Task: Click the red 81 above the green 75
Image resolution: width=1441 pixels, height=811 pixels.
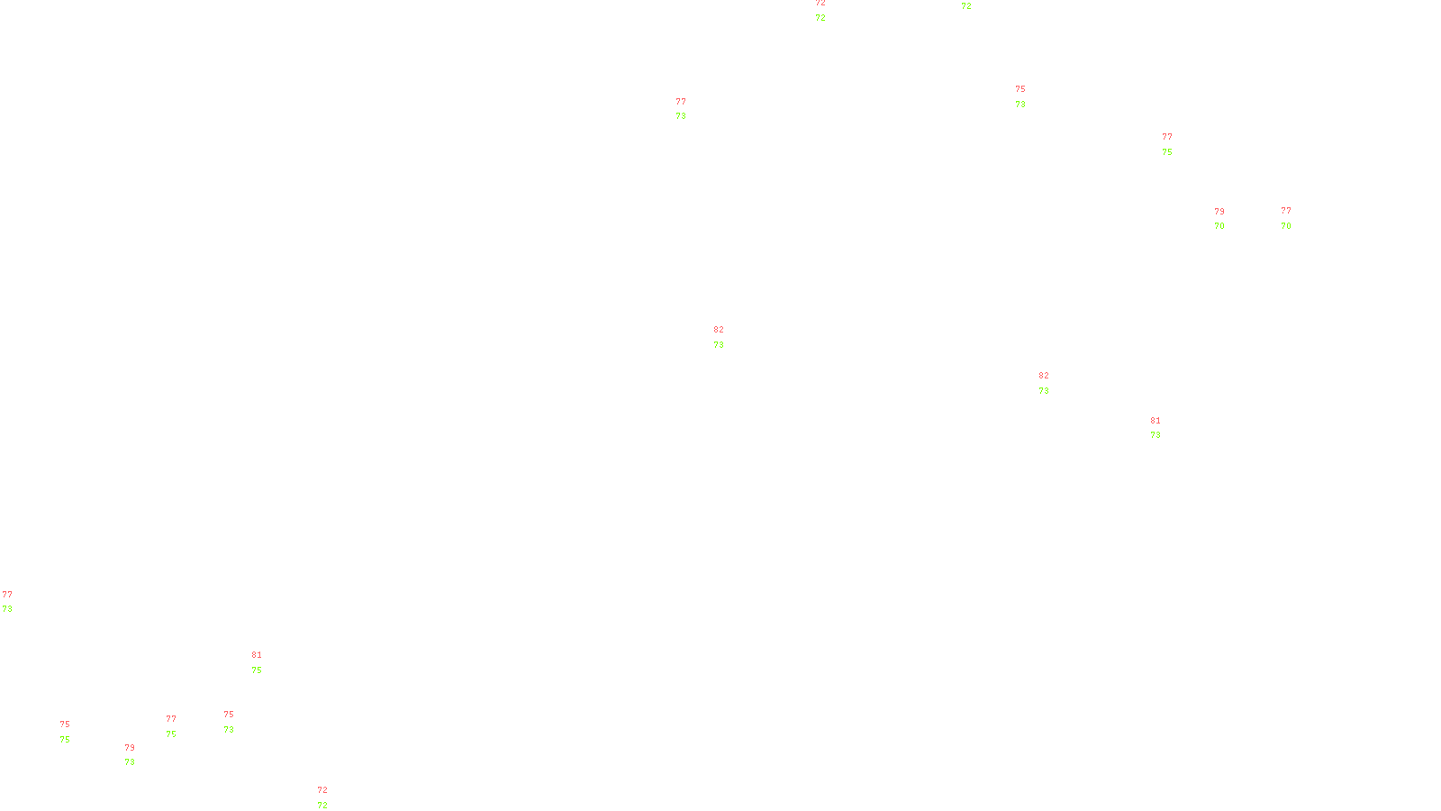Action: coord(257,655)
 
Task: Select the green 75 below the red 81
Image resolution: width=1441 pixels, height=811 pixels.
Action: coord(257,670)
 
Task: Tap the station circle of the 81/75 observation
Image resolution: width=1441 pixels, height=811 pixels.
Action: coord(266,662)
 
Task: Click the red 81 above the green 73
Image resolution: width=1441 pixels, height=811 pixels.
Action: coord(1156,421)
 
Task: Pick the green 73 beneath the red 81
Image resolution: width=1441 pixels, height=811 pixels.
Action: coord(1156,435)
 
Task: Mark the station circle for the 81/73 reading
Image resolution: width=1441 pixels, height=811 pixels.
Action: coord(1164,428)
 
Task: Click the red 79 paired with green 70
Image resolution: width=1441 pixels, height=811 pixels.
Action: coord(1219,212)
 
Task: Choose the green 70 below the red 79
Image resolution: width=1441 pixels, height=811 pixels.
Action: coord(1219,226)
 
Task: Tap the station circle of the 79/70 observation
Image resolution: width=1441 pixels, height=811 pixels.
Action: coord(1228,219)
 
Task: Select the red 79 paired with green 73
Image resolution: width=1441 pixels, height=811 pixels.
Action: coord(130,748)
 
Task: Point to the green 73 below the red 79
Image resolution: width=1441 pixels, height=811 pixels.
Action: coord(130,762)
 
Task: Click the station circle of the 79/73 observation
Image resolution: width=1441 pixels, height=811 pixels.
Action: coord(139,755)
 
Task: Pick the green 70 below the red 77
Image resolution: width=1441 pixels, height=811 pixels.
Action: coord(1286,226)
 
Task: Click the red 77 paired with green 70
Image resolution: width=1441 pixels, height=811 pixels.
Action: coord(1286,211)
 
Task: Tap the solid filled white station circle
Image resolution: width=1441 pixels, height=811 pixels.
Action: coord(74,732)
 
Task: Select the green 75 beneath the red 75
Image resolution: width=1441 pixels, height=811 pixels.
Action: coord(65,740)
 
